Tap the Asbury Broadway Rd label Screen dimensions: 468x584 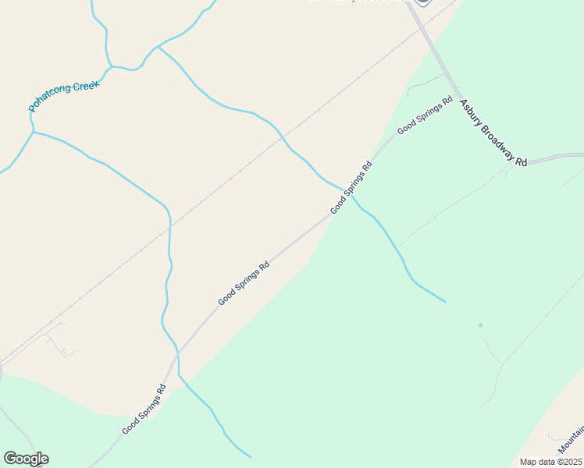[493, 132]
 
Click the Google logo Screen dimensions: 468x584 [26, 459]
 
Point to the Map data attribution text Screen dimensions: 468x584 [550, 462]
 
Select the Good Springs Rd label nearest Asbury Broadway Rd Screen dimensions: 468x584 [425, 115]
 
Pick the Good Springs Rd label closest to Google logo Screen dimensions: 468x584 [144, 409]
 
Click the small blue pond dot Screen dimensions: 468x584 [480, 324]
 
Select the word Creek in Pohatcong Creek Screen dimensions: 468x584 [84, 87]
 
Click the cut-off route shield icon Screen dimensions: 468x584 [422, 2]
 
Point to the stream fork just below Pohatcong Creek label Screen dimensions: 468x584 [33, 132]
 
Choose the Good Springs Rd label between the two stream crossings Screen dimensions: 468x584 [244, 282]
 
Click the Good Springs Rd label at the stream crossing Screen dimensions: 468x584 [351, 187]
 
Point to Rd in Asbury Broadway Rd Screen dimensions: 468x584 [521, 161]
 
